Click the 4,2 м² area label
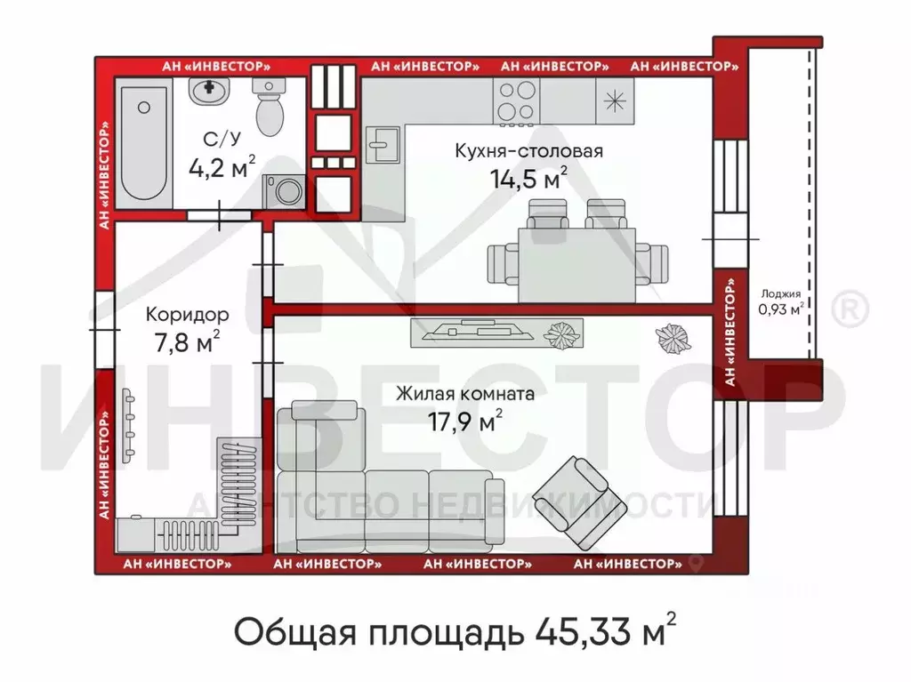[x=222, y=166]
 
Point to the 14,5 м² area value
[x=528, y=178]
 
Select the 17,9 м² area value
[x=463, y=421]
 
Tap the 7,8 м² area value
[x=187, y=342]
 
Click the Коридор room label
[x=187, y=314]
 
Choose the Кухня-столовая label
[x=528, y=150]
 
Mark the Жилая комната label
[x=464, y=393]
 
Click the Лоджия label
[x=780, y=293]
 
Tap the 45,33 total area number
[x=583, y=633]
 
